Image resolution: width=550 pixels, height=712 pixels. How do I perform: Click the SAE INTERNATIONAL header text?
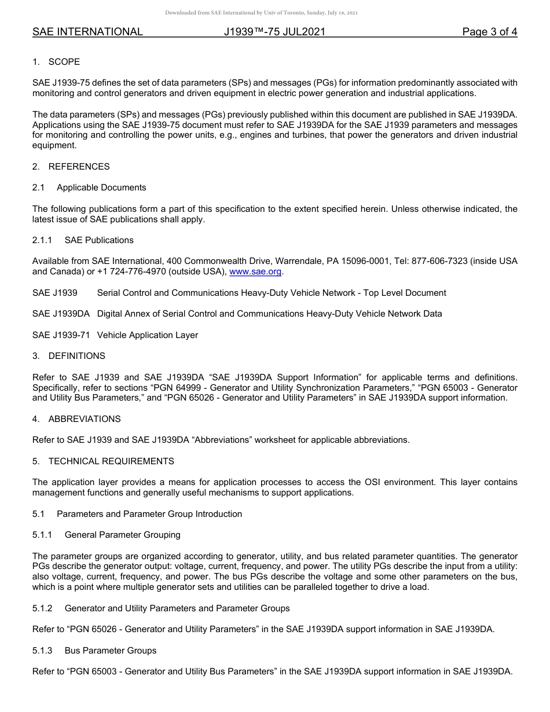pyautogui.click(x=87, y=32)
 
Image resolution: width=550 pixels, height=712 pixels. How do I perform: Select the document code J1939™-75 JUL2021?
pyautogui.click(x=274, y=32)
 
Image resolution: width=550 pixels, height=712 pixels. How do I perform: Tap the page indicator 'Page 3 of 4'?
pyautogui.click(x=489, y=32)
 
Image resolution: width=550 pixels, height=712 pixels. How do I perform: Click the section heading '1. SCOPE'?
pyautogui.click(x=56, y=62)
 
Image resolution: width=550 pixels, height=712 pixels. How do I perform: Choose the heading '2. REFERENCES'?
pyautogui.click(x=71, y=167)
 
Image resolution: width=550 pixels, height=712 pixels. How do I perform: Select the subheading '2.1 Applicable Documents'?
pyautogui.click(x=89, y=188)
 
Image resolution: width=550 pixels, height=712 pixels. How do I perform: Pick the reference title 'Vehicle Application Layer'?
pyautogui.click(x=148, y=335)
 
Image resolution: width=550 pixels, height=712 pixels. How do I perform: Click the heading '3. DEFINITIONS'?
pyautogui.click(x=69, y=356)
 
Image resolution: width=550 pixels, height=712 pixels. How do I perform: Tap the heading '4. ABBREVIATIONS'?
pyautogui.click(x=76, y=419)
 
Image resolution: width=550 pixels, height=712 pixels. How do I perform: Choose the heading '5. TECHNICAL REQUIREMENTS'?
pyautogui.click(x=103, y=461)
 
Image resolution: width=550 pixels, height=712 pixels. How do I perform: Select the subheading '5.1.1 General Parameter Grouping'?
pyautogui.click(x=107, y=535)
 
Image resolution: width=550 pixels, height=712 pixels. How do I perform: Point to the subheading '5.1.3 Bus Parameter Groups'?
pyautogui.click(x=94, y=651)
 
